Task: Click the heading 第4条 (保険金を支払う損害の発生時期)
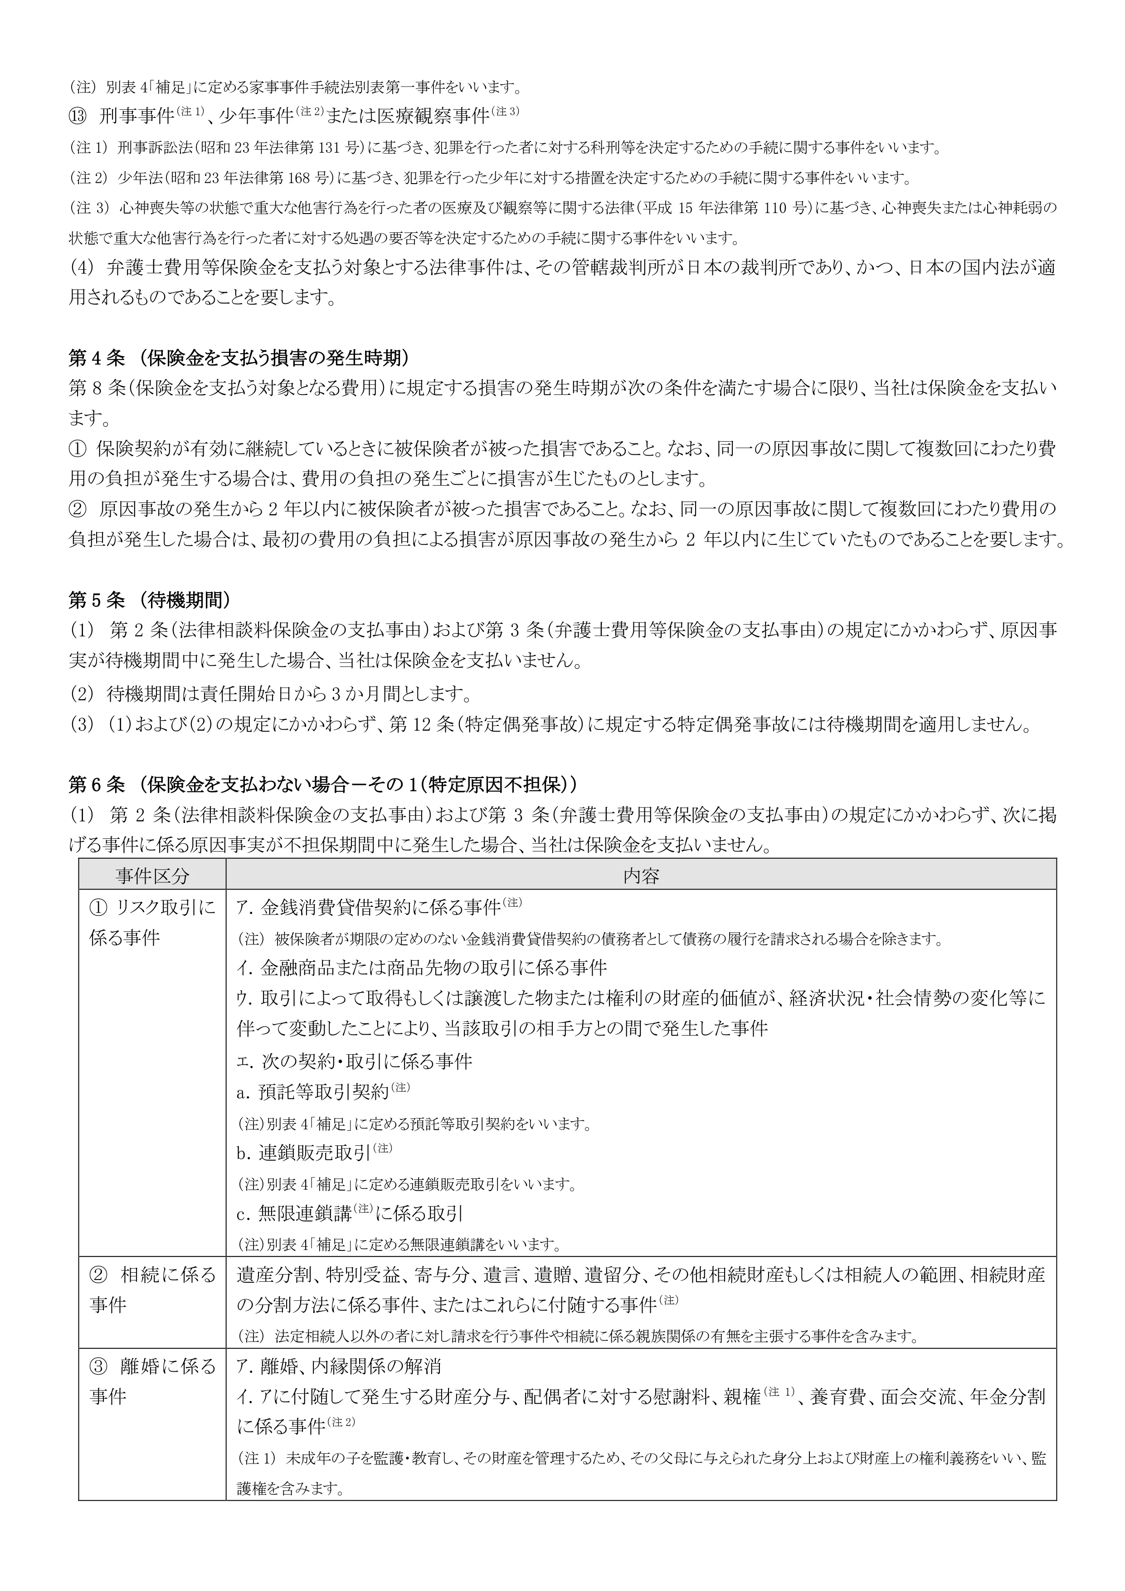239,358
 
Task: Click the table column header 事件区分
152,875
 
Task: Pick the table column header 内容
640,875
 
